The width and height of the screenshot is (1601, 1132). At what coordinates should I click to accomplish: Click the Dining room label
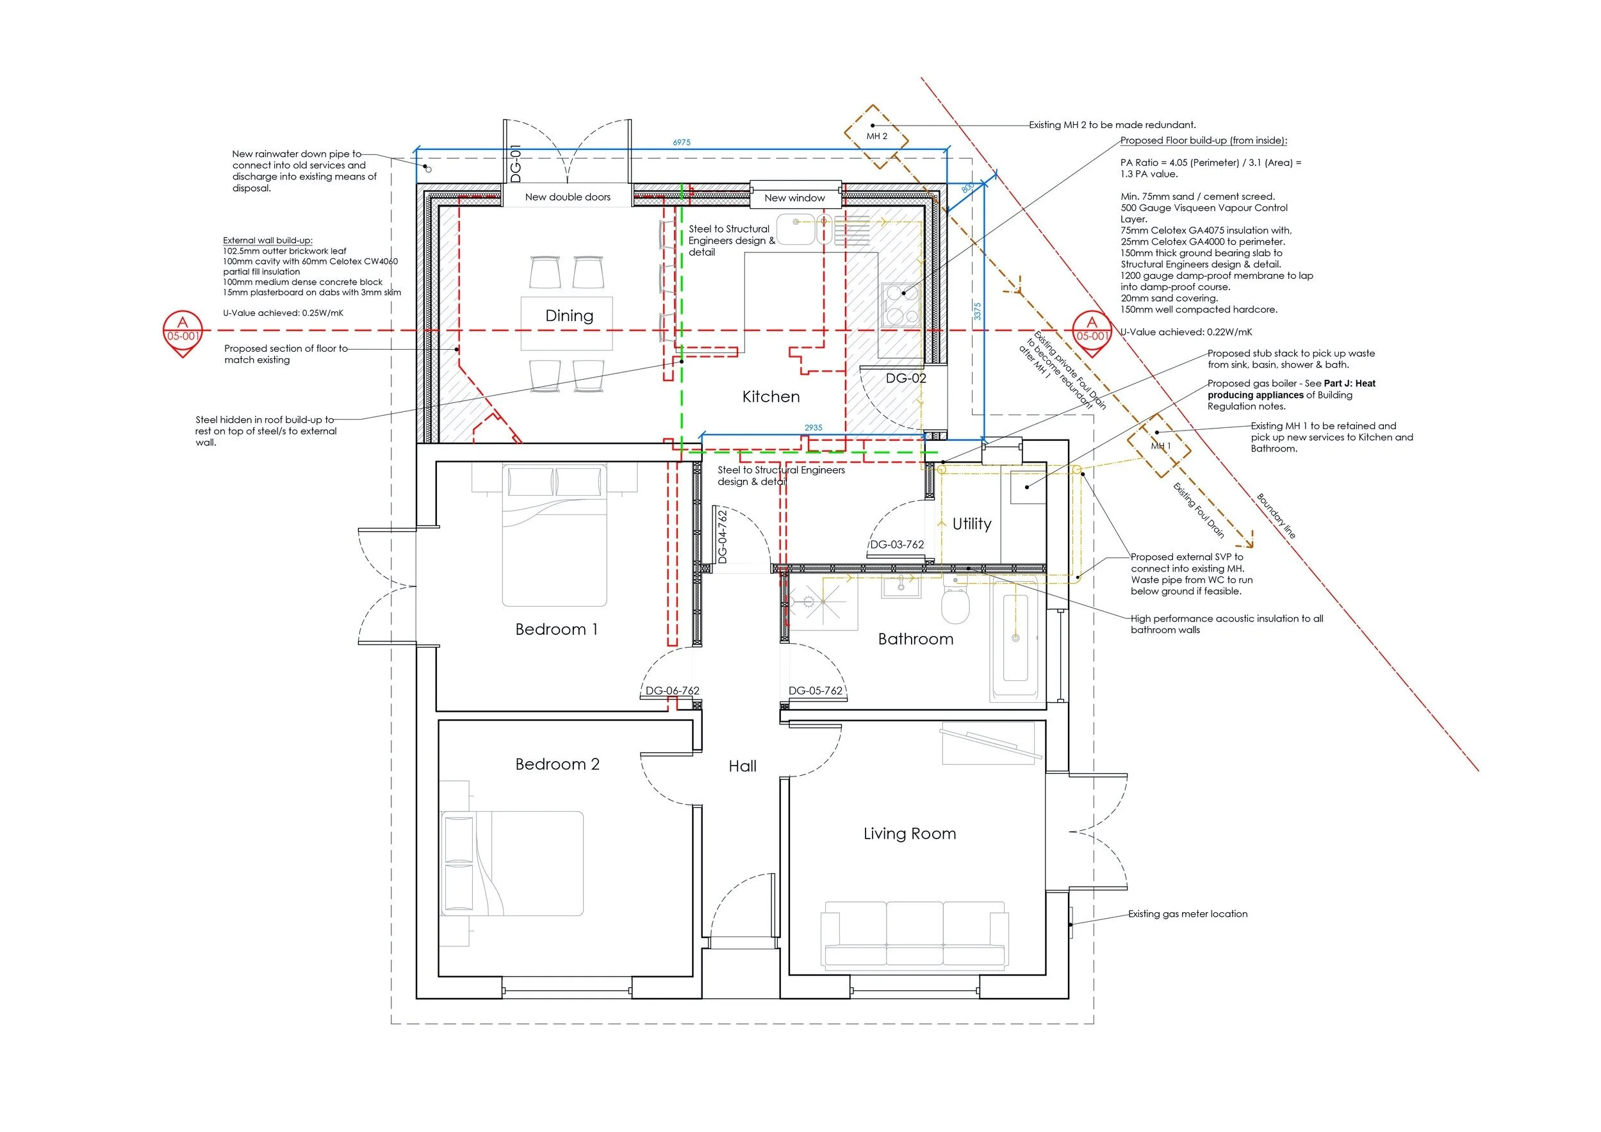click(x=569, y=316)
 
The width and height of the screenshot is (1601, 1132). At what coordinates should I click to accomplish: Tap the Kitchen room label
click(x=771, y=397)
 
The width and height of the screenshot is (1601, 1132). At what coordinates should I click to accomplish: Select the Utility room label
click(x=971, y=524)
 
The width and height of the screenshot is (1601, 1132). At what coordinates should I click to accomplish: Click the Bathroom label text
click(x=915, y=639)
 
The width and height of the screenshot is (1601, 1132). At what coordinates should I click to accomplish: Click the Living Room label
click(x=909, y=833)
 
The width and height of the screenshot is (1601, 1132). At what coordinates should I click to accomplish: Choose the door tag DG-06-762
click(x=672, y=691)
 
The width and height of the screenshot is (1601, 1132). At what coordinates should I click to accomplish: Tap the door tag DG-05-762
click(x=815, y=691)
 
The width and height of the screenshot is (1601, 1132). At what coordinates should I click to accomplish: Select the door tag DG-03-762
click(x=897, y=544)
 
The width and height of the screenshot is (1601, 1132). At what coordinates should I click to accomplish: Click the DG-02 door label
click(x=906, y=378)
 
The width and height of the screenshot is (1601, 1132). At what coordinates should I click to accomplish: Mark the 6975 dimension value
click(x=681, y=142)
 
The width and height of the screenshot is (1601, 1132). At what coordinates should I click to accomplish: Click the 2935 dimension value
click(x=813, y=427)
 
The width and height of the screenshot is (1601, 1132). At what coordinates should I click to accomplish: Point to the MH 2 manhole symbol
click(x=876, y=136)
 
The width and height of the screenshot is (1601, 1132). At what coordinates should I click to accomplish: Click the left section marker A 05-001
click(x=183, y=331)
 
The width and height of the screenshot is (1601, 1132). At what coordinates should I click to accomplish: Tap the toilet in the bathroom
click(x=955, y=604)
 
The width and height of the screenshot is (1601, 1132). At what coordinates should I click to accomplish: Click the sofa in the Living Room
click(x=914, y=935)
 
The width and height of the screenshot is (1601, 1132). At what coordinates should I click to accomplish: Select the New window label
click(x=794, y=198)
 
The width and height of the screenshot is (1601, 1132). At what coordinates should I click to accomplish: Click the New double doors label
click(x=568, y=197)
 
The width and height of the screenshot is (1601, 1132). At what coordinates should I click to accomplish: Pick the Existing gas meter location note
click(x=1188, y=914)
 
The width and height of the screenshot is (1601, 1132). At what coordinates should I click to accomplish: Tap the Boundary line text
click(x=1276, y=516)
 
